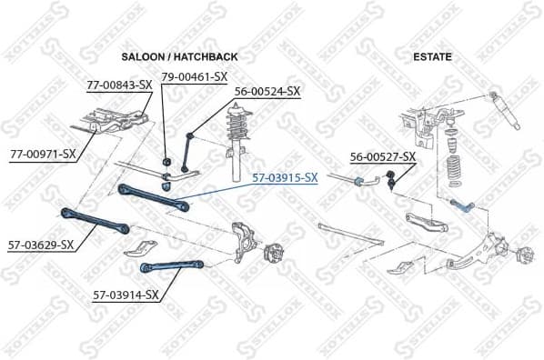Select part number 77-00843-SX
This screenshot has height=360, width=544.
click(118, 85)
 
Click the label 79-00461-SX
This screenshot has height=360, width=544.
click(194, 76)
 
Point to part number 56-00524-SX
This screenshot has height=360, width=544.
click(267, 91)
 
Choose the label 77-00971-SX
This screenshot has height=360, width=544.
click(43, 154)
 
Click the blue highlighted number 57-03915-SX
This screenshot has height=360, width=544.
click(285, 177)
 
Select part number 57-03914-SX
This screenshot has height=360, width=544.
click(126, 295)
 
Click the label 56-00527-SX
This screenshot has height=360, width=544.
click(382, 156)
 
